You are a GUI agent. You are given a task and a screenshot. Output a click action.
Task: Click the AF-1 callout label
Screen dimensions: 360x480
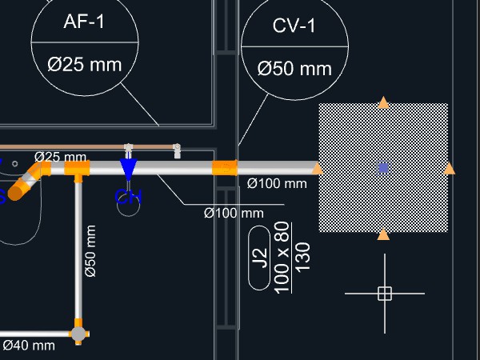click(x=84, y=22)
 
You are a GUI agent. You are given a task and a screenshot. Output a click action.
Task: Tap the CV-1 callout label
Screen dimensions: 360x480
click(x=294, y=26)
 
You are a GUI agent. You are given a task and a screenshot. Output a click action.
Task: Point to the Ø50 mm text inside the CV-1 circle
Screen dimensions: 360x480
click(x=294, y=69)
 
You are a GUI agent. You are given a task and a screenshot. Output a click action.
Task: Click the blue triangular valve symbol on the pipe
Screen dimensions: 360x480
click(x=128, y=169)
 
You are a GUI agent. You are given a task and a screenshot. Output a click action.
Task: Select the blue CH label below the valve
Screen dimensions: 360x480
click(x=128, y=197)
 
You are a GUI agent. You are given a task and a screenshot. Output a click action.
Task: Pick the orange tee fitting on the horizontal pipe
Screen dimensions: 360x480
click(x=78, y=169)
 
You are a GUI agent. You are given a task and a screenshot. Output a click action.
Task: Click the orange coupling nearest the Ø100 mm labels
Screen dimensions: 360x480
click(x=225, y=168)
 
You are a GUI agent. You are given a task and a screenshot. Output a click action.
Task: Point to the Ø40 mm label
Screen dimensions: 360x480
click(x=29, y=346)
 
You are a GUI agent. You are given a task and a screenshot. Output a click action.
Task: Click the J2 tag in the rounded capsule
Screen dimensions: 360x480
click(x=259, y=258)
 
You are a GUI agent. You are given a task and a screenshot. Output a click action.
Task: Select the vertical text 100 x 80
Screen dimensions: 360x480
click(x=282, y=257)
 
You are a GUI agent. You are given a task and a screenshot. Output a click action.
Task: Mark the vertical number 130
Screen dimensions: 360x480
click(x=302, y=257)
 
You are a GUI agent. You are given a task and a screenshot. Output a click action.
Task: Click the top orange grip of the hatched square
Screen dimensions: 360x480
click(x=383, y=102)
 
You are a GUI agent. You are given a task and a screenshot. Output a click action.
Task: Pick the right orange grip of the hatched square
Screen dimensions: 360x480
click(x=450, y=168)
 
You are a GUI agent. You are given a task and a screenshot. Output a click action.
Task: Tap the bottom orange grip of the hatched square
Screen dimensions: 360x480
click(x=383, y=234)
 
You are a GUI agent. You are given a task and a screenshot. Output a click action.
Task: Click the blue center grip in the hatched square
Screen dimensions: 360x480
click(x=383, y=167)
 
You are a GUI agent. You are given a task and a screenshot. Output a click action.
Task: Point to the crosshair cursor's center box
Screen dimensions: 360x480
click(x=384, y=294)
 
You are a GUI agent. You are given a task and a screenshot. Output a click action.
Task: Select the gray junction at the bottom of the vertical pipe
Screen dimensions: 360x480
click(x=78, y=333)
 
